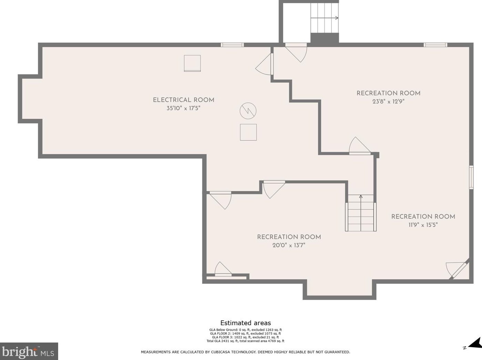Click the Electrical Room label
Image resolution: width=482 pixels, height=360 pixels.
click(x=183, y=100)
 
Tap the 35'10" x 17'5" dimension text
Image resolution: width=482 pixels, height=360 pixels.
click(x=183, y=108)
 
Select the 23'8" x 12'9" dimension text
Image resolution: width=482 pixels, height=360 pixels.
click(x=388, y=101)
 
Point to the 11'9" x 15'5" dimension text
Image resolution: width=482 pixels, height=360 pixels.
click(x=423, y=225)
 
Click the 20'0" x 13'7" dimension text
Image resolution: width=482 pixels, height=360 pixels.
click(x=289, y=245)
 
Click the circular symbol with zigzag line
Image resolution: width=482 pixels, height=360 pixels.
click(x=248, y=111)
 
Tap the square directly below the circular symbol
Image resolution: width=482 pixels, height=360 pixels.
click(x=248, y=132)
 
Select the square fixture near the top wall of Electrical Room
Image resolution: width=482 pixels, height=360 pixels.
click(x=192, y=63)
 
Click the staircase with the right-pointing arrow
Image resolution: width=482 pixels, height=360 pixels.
click(x=325, y=18)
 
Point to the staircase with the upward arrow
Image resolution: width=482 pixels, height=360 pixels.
click(x=361, y=213)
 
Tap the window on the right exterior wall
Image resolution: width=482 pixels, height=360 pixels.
click(x=471, y=177)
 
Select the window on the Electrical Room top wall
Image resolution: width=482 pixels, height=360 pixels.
click(x=232, y=45)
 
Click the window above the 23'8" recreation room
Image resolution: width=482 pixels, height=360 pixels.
click(x=435, y=45)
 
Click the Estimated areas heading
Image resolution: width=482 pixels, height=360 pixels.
click(x=245, y=323)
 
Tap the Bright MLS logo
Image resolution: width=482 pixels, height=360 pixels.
click(x=29, y=351)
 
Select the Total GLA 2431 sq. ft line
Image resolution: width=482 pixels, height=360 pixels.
click(x=245, y=341)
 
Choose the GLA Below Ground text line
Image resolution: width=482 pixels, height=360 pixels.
click(x=245, y=330)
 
